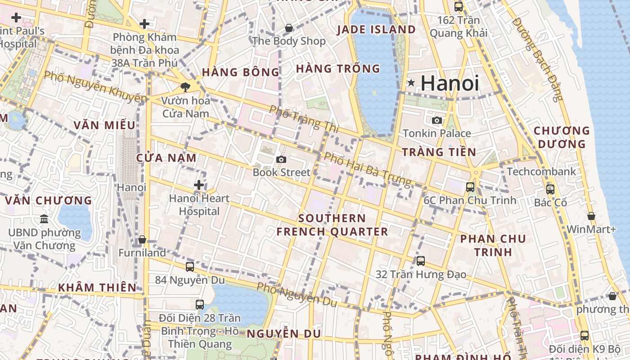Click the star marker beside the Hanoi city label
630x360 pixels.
[411, 83]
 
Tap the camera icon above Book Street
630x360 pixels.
[281, 159]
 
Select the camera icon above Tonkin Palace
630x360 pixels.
[437, 120]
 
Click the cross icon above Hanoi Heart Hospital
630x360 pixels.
[199, 185]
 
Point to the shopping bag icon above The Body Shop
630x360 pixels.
[289, 28]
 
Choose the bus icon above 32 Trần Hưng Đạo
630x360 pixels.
[421, 261]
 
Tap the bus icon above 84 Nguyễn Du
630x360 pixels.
[190, 266]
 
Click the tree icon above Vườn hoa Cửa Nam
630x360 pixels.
[185, 87]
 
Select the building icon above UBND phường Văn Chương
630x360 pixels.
[44, 219]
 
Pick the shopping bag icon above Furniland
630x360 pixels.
[142, 239]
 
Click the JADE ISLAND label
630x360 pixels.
[377, 30]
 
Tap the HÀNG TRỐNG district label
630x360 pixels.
[338, 69]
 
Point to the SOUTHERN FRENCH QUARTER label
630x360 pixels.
[332, 225]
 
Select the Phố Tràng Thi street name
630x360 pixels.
[304, 119]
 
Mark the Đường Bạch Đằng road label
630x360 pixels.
[538, 59]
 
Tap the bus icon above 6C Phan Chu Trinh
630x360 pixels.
[470, 187]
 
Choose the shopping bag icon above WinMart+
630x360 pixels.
[591, 216]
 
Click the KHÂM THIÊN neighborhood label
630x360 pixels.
[97, 288]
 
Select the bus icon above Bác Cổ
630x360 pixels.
[550, 189]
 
